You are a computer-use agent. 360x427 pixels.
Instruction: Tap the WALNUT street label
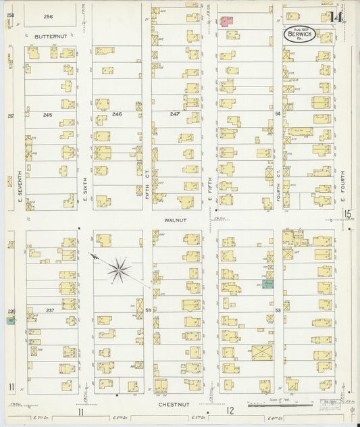[x=174, y=220]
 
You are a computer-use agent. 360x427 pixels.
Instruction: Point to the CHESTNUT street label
[x=174, y=404]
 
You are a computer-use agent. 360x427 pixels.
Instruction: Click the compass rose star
[x=118, y=270]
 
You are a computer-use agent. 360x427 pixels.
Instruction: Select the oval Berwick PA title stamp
[x=298, y=34]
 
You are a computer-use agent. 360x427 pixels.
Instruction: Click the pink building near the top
[x=226, y=21]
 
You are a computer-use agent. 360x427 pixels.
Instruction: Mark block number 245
[x=47, y=115]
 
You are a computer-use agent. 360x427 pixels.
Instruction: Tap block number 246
[x=117, y=115]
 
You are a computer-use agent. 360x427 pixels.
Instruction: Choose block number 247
[x=175, y=115]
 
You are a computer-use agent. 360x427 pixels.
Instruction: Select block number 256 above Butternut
[x=48, y=16]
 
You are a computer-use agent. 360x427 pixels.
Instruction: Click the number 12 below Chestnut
[x=230, y=411]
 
